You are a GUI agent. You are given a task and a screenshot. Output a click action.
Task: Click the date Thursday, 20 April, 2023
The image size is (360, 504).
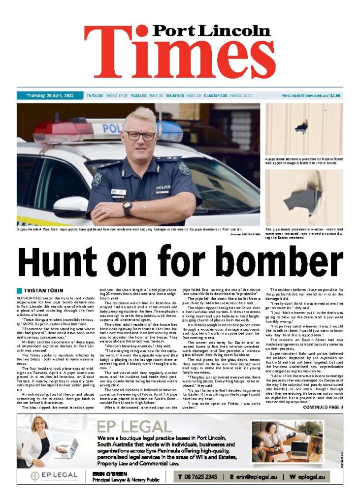49,95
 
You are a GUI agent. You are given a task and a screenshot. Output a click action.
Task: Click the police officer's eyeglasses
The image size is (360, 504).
140,134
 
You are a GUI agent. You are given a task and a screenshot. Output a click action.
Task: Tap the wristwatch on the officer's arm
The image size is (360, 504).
128,208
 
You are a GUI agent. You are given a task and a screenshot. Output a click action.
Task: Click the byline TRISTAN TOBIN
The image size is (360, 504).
43,290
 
